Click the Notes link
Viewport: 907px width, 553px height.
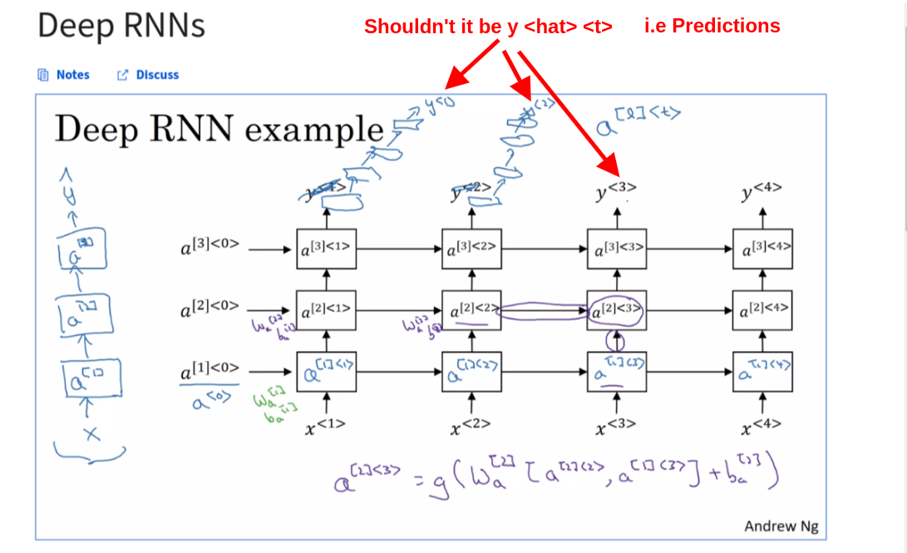tap(72, 75)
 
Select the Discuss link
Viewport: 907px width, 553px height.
tap(157, 75)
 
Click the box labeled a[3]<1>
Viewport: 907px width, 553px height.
tap(327, 248)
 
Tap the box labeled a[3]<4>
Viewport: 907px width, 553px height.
tap(762, 248)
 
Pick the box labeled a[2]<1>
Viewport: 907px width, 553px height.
tap(327, 311)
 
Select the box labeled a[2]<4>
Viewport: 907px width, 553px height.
tap(762, 311)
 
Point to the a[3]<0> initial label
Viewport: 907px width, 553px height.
tap(210, 248)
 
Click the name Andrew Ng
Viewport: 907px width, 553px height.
tap(781, 526)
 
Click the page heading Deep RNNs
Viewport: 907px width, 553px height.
tap(121, 27)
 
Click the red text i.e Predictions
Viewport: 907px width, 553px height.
tap(712, 26)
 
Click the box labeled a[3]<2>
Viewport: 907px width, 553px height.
tap(471, 248)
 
